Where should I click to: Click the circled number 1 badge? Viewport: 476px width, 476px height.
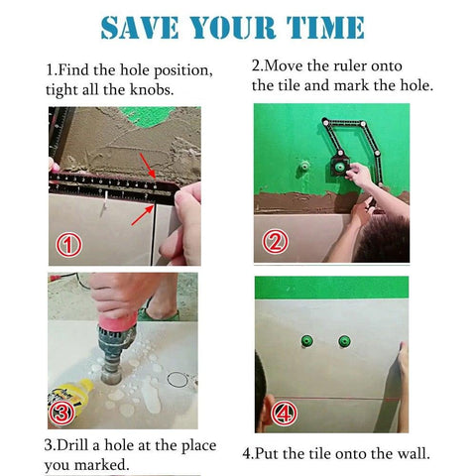pos(68,243)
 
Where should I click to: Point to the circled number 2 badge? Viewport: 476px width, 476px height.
pos(275,240)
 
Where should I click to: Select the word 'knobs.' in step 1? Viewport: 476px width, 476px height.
pos(155,89)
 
